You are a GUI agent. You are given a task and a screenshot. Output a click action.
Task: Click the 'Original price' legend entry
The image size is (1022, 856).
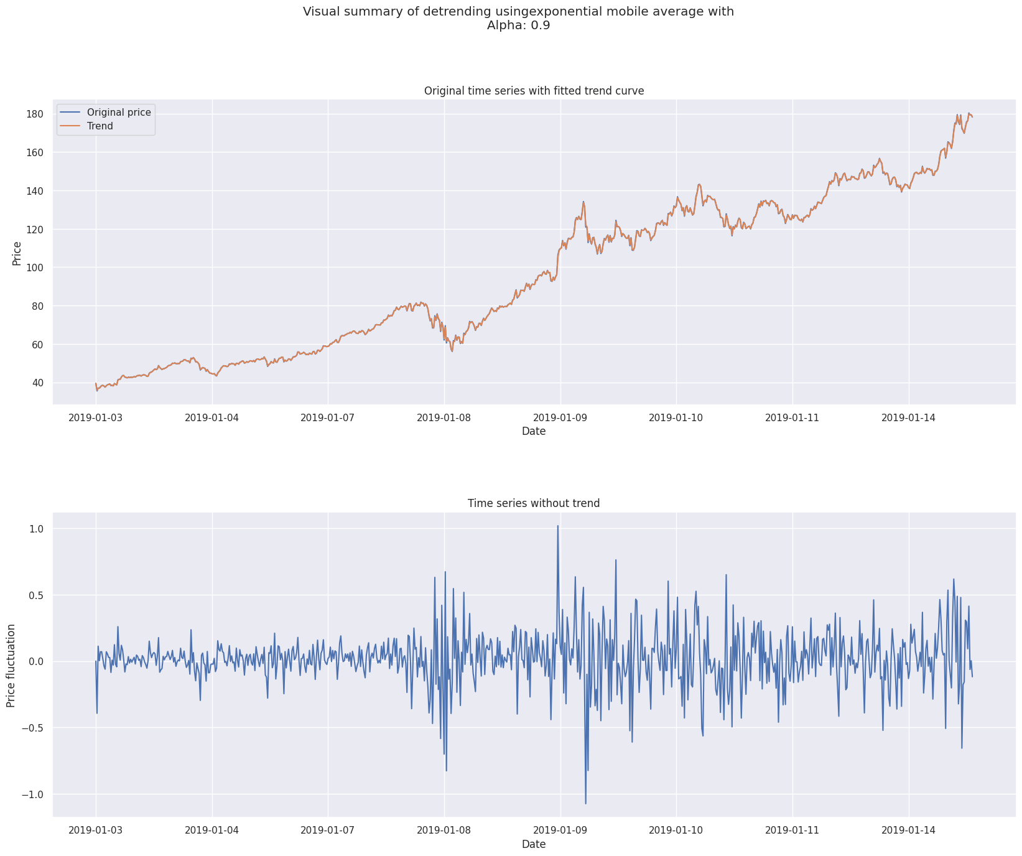pos(118,112)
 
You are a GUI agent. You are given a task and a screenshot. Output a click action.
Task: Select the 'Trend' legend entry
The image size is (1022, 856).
pos(100,126)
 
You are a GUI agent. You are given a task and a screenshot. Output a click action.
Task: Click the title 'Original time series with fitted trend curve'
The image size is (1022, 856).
pos(534,91)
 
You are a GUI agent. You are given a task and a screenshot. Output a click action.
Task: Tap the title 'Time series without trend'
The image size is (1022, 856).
pos(534,503)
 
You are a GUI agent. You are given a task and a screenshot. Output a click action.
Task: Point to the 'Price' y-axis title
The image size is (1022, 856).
pos(17,253)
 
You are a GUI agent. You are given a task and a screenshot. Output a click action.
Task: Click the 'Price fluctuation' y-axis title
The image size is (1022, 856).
pos(11,665)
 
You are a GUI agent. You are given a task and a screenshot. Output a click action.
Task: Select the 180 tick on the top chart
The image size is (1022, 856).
pos(34,114)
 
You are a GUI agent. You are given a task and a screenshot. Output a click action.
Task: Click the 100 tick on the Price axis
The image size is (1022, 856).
pos(34,267)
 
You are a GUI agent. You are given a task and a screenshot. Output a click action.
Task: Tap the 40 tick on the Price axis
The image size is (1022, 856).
pos(37,383)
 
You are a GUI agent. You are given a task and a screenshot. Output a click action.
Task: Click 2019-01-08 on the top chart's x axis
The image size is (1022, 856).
pos(444,417)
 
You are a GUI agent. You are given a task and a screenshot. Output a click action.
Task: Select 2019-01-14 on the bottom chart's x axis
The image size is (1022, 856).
pos(909,829)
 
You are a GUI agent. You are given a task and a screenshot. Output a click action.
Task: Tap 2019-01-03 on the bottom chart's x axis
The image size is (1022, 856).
pos(96,829)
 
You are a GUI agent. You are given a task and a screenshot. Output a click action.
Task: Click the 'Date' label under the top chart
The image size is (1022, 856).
pos(534,431)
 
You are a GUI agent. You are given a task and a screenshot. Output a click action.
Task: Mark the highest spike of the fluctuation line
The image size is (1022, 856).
pos(557,526)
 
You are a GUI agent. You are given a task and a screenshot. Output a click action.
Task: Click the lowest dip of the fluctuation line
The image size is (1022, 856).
pos(585,803)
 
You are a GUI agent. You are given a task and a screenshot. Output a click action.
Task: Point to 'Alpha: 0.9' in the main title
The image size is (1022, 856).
pos(518,26)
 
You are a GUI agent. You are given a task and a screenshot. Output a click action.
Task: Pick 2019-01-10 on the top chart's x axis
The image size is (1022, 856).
pos(676,417)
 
